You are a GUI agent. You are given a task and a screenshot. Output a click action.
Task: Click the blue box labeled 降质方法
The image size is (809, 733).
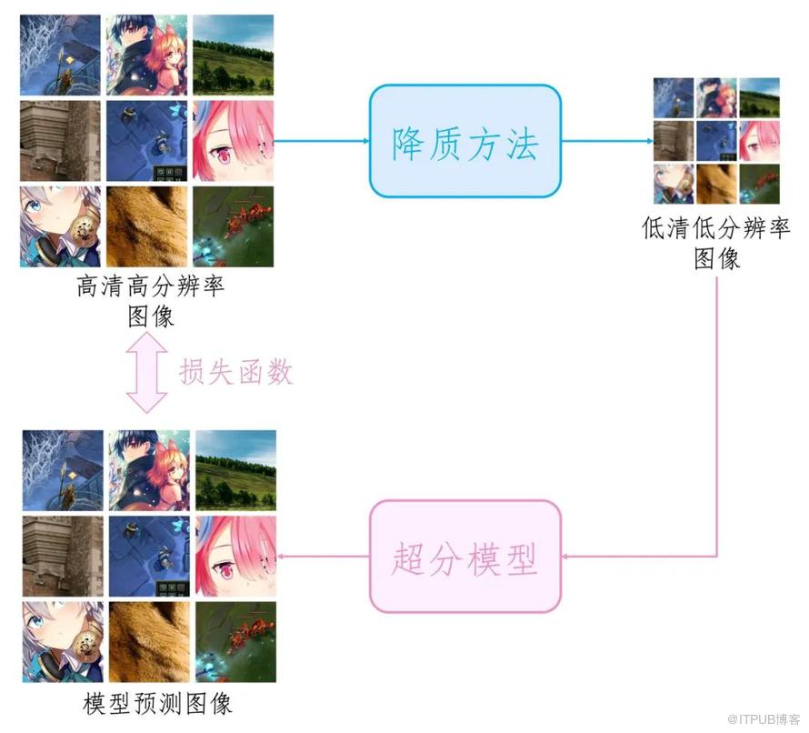(464, 141)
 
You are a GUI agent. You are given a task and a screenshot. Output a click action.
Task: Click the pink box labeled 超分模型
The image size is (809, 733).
(464, 557)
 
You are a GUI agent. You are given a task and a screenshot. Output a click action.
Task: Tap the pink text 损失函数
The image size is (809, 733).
(235, 372)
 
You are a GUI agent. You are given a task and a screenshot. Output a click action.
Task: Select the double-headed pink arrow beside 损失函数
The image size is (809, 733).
(146, 372)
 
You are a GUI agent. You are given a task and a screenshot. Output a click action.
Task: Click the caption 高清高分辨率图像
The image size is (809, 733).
(150, 301)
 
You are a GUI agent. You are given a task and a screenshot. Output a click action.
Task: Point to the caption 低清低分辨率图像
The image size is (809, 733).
(716, 243)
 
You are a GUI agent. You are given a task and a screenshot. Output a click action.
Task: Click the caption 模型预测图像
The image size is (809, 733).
(157, 704)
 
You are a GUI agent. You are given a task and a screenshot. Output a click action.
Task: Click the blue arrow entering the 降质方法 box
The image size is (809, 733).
(322, 140)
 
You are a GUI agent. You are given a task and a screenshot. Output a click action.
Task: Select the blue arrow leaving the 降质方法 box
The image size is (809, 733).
(607, 140)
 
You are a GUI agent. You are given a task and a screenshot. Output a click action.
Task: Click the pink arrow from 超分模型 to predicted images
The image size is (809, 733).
(323, 557)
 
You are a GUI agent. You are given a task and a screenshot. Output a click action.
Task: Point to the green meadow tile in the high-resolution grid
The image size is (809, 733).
(234, 55)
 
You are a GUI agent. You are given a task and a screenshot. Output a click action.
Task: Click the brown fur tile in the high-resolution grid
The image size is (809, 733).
(146, 226)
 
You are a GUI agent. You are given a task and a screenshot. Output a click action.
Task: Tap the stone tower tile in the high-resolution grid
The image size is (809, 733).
(60, 141)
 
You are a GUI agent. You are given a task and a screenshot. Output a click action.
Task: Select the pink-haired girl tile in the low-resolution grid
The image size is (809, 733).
(760, 141)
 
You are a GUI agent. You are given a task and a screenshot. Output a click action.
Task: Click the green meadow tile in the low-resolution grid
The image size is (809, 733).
(760, 97)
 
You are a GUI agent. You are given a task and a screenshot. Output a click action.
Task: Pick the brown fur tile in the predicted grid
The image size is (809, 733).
(149, 642)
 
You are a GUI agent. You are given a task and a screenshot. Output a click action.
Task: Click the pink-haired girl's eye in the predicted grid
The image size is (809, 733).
(226, 570)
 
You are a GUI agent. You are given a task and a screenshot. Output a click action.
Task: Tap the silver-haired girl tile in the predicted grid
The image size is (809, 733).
(63, 642)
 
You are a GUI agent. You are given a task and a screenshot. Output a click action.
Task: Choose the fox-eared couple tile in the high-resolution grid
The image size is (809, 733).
(146, 55)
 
